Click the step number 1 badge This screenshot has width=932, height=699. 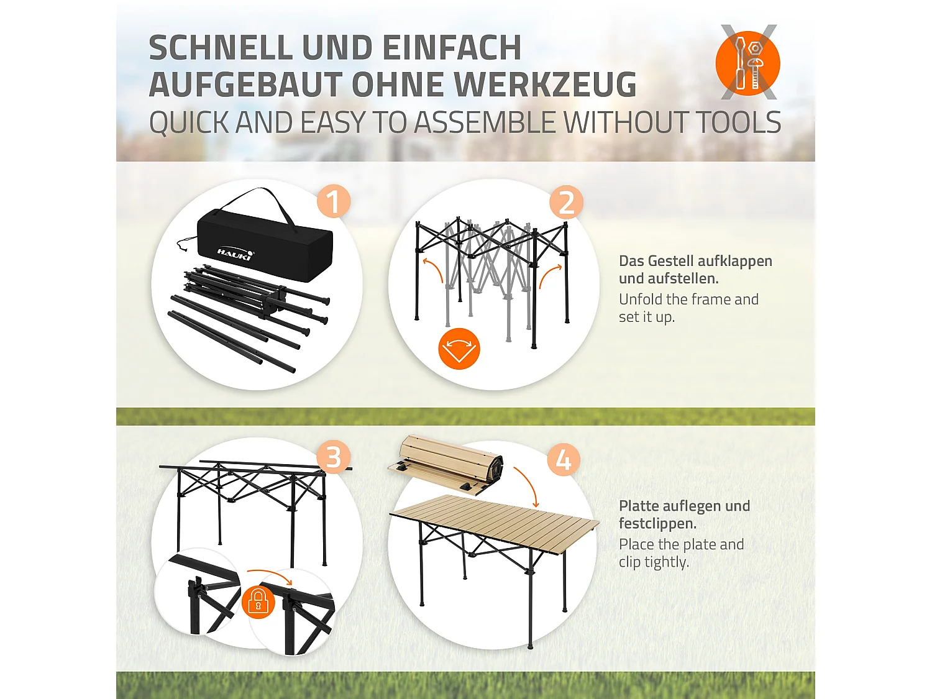pyautogui.click(x=334, y=202)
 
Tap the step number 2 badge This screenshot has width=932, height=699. pyautogui.click(x=566, y=203)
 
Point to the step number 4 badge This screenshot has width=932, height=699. pyautogui.click(x=564, y=460)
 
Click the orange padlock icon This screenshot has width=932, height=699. pyautogui.click(x=258, y=603)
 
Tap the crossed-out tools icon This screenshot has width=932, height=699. pyautogui.click(x=748, y=62)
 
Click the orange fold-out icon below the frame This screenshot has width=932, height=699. pyautogui.click(x=459, y=349)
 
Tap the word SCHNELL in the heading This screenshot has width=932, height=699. pyautogui.click(x=221, y=48)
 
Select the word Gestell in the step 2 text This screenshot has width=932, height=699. pyautogui.click(x=672, y=261)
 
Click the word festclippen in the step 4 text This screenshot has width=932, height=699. pyautogui.click(x=657, y=523)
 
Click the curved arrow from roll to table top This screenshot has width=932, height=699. pyautogui.click(x=527, y=485)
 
